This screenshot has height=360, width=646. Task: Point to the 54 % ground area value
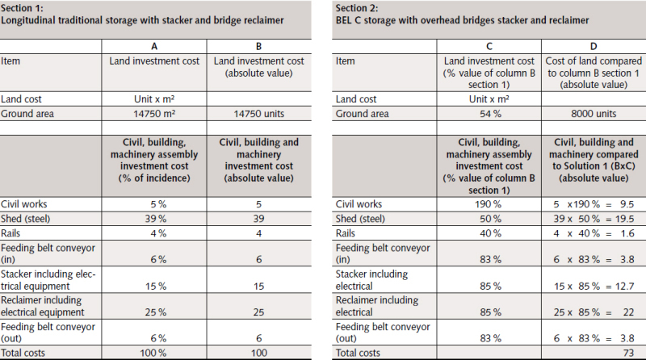tap(492, 114)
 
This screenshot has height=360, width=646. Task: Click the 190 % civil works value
tap(492, 204)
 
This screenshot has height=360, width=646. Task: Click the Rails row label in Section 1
tap(12, 233)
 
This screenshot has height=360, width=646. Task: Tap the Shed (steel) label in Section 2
tap(363, 219)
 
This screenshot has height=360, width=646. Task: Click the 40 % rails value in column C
tap(492, 233)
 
